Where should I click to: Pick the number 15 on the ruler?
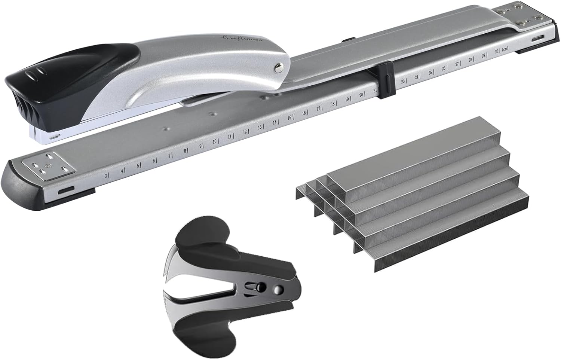pyautogui.click(x=289, y=118)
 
